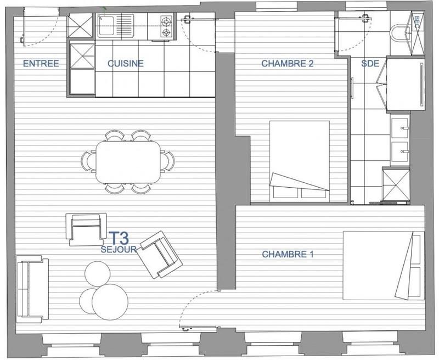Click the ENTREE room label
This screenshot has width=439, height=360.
[x=41, y=64]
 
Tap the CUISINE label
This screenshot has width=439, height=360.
[x=125, y=64]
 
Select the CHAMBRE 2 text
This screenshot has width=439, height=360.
[x=287, y=64]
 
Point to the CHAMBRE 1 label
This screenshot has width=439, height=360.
[x=288, y=255]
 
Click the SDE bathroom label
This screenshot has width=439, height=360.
[x=370, y=64]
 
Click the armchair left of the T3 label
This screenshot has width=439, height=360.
[x=86, y=229]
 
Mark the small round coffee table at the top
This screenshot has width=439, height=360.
[x=98, y=273]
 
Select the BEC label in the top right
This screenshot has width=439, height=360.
[x=417, y=22]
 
